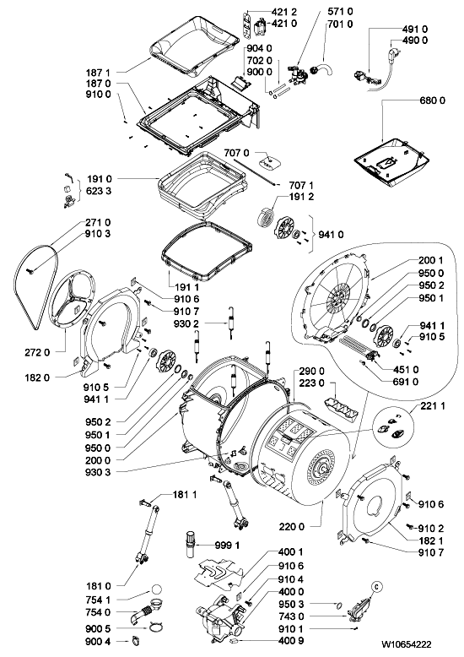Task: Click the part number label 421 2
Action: coord(284,12)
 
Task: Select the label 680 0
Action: coord(432,100)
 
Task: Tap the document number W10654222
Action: coord(406,644)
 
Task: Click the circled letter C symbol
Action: coord(376,587)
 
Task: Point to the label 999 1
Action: coord(227,546)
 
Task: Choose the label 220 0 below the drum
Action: coord(291,527)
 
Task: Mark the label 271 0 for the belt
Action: coord(99,222)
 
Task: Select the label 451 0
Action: coord(406,370)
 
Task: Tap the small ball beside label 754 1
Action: coord(156,589)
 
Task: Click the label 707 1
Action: coord(301,185)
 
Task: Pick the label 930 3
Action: coord(99,472)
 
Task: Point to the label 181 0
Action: coord(99,586)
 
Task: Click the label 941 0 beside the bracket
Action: coord(331,235)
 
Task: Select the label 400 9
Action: coord(291,641)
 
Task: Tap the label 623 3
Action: coord(99,191)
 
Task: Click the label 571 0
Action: coord(341,12)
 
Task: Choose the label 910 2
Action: coord(431,529)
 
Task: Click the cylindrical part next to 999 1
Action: coord(190,544)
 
